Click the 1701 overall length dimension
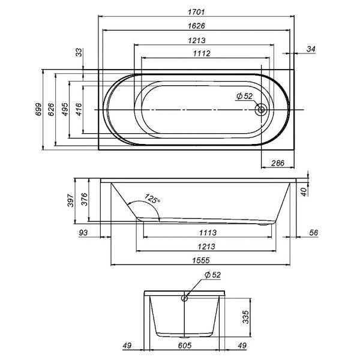(196, 12)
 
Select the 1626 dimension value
(196, 26)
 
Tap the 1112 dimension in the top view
(202, 53)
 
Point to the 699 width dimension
(38, 109)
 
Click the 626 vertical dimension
(51, 109)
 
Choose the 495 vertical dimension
(65, 109)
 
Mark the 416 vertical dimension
(79, 109)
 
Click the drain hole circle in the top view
(261, 110)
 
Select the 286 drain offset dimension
(278, 163)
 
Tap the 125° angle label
(152, 199)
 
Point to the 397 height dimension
(71, 200)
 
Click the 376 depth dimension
(85, 199)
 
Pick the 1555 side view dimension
(201, 260)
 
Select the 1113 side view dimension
(208, 233)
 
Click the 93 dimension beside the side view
(83, 233)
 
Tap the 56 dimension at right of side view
(314, 233)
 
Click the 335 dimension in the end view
(245, 317)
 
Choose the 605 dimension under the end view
(185, 346)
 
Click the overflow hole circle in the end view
(184, 298)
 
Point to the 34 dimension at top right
(311, 49)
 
